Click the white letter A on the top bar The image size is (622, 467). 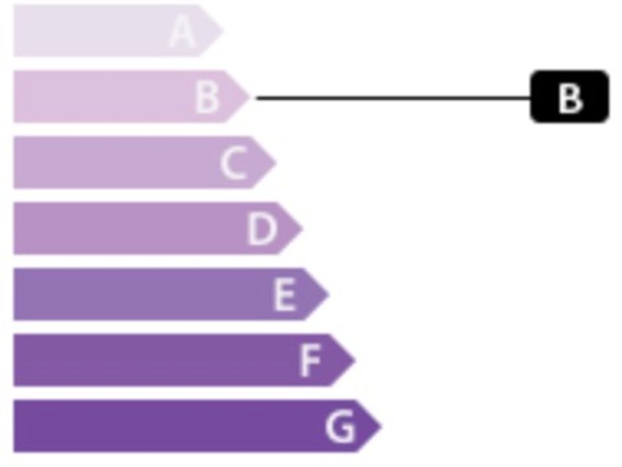182,31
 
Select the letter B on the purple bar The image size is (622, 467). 207,97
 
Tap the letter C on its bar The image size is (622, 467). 233,163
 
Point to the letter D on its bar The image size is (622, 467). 261,229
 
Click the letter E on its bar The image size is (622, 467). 285,294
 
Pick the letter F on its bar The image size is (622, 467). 310,361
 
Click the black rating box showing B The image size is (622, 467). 570,97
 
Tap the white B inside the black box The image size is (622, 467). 570,97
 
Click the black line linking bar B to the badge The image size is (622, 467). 393,97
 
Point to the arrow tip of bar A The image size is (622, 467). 224,30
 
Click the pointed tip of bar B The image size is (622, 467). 250,97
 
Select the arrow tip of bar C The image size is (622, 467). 277,162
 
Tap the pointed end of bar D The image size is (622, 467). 303,228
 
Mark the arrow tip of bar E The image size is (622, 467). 329,294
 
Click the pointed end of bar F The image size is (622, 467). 356,360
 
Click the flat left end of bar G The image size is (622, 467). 14,426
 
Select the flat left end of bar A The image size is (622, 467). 14,30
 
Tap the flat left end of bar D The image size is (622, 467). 14,228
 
